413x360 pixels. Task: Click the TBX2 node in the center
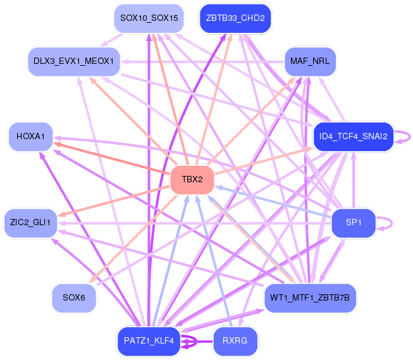(x=192, y=180)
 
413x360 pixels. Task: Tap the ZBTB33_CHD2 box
(x=235, y=18)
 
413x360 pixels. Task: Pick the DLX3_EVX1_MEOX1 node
(x=74, y=61)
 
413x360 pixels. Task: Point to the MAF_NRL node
(x=310, y=61)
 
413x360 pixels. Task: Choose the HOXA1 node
(x=30, y=137)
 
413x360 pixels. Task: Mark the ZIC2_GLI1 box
(x=30, y=223)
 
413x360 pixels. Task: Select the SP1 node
(x=354, y=223)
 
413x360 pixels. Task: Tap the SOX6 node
(x=74, y=297)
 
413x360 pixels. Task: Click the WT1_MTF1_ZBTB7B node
(x=310, y=297)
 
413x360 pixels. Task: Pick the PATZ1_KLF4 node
(x=149, y=341)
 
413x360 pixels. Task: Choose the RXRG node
(x=235, y=341)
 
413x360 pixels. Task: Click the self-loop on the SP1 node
(x=387, y=223)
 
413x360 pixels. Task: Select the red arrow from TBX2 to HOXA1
(x=114, y=159)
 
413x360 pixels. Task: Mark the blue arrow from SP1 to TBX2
(x=272, y=201)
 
